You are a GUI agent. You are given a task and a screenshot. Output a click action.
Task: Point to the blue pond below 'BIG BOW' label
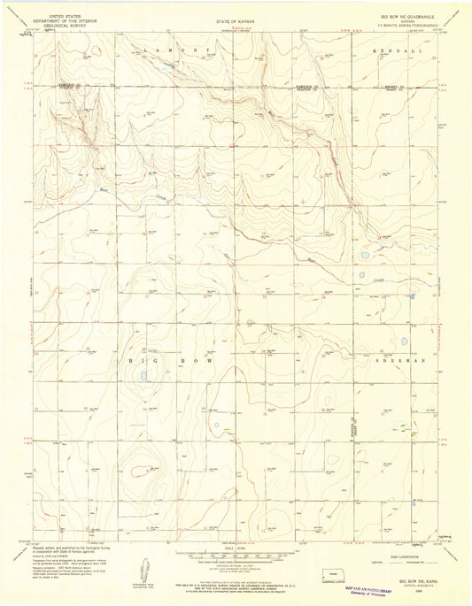[143, 375]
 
